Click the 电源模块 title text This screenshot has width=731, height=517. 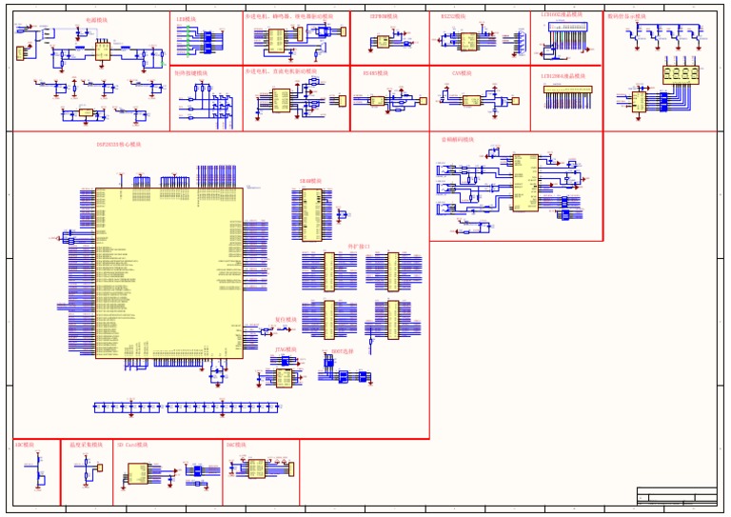96,19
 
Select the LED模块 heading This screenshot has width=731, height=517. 187,18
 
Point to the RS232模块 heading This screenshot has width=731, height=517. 453,17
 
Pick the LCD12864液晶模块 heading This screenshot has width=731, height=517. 563,75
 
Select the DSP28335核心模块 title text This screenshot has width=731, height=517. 118,145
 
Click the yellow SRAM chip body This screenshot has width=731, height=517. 311,213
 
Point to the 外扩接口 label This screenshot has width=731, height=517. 360,247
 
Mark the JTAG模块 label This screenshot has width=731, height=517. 285,350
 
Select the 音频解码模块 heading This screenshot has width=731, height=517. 458,139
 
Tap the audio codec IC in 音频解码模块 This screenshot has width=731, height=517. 524,181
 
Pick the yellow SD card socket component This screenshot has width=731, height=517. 138,473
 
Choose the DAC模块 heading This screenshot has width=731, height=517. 236,445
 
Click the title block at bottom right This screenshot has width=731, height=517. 677,496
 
